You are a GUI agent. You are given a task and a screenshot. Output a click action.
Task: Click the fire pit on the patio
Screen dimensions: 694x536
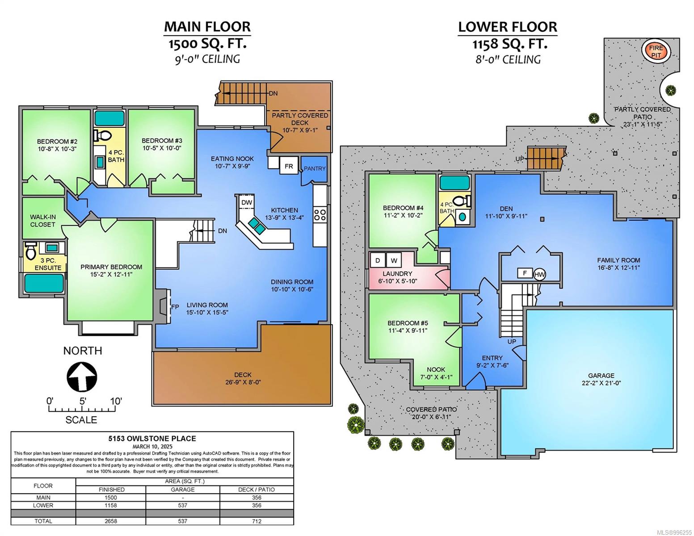click(x=656, y=51)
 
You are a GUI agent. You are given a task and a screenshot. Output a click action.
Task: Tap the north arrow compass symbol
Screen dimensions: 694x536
click(x=81, y=377)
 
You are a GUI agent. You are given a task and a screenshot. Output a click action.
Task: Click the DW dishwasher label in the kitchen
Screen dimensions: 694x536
click(x=247, y=202)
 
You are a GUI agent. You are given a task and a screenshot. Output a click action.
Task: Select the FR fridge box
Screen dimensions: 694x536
click(x=289, y=166)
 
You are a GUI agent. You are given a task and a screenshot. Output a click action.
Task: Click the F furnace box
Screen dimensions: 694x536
click(x=525, y=273)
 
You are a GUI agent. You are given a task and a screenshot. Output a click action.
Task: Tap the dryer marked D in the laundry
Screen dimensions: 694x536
click(x=378, y=260)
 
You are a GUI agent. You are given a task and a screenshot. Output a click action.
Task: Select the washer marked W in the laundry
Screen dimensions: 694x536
click(x=394, y=260)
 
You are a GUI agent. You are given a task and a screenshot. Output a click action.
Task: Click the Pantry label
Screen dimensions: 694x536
click(x=315, y=168)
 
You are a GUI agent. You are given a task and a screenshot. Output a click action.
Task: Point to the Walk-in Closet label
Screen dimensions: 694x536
click(x=43, y=221)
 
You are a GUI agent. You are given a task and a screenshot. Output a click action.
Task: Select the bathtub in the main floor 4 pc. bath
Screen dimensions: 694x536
click(x=109, y=118)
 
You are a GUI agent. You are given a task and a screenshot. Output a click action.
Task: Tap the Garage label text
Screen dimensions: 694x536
click(x=601, y=376)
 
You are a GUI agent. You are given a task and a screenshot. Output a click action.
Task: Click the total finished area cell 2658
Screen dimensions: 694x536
click(x=111, y=521)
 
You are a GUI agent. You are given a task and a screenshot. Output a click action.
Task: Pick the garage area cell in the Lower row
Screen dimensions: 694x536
click(x=183, y=505)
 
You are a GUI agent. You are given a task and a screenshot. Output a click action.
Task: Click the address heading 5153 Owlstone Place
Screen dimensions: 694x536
click(x=152, y=438)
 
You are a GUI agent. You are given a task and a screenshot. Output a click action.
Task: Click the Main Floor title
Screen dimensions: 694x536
click(x=207, y=26)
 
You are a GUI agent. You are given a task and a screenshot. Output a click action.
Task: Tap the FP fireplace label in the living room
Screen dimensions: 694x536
click(x=175, y=307)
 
